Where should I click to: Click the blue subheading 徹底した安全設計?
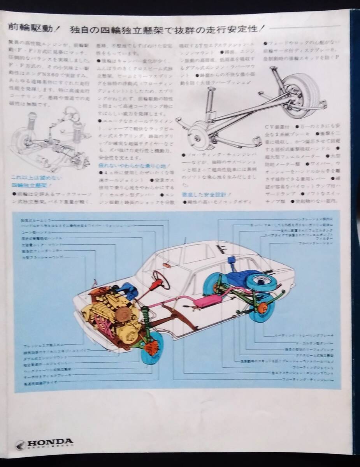205,193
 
